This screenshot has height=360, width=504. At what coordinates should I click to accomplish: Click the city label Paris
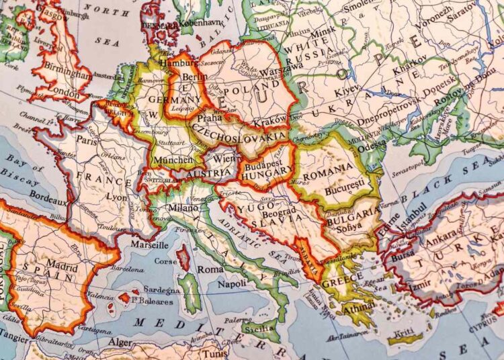pyautogui.click(x=86, y=141)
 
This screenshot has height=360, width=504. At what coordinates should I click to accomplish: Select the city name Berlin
pyautogui.click(x=195, y=77)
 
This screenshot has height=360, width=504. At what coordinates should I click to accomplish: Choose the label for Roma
pyautogui.click(x=210, y=269)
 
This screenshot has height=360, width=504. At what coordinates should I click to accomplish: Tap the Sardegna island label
pyautogui.click(x=160, y=290)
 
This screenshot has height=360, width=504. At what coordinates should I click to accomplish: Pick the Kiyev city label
pyautogui.click(x=347, y=89)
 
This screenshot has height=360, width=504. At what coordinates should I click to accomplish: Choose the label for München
pyautogui.click(x=173, y=160)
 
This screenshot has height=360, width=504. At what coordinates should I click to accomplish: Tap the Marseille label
pyautogui.click(x=149, y=244)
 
